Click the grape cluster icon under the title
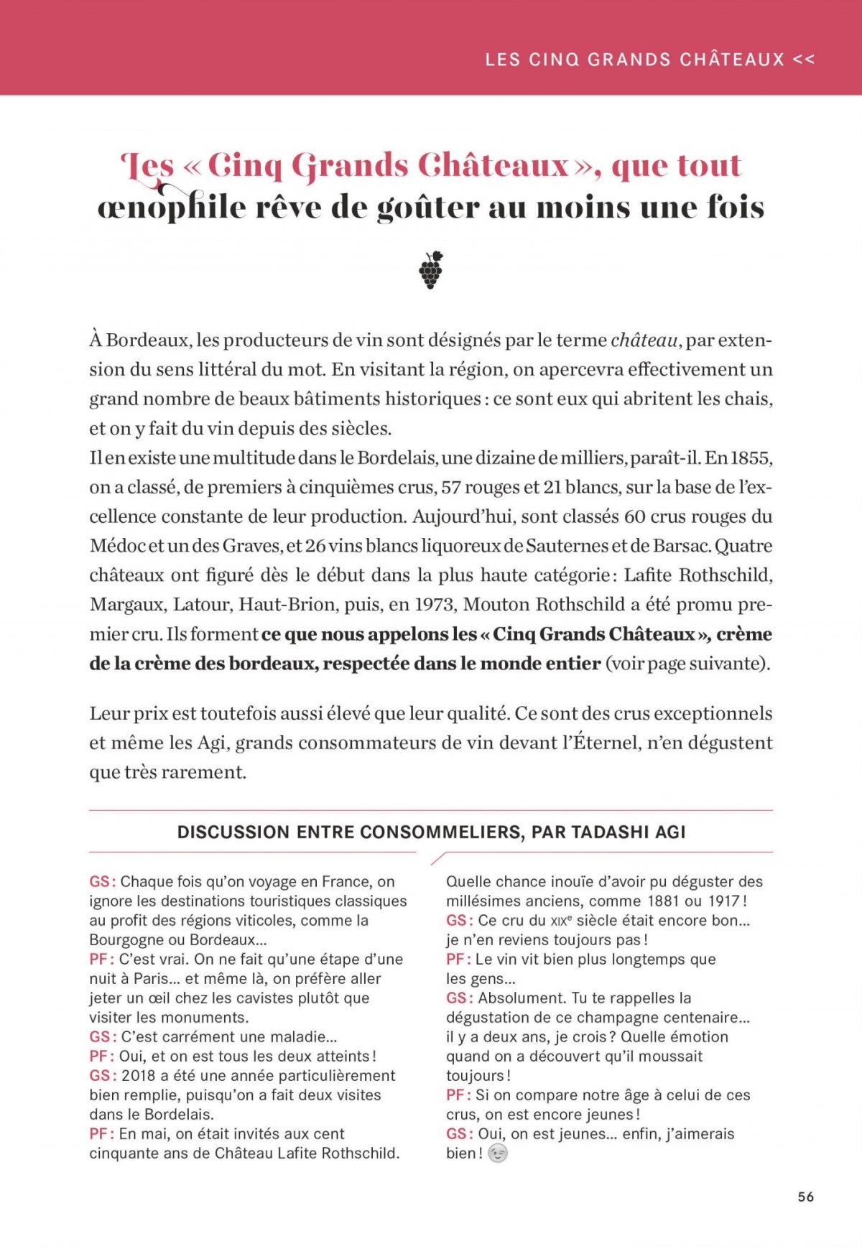pos(431,270)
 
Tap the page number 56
pos(805,1197)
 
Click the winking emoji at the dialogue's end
pos(497,1154)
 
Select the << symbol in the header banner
pos(804,60)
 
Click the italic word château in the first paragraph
pos(644,340)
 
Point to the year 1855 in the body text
pos(751,458)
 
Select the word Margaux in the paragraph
pos(126,605)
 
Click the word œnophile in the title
pos(171,208)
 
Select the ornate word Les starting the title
pos(148,167)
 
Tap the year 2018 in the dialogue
pos(139,1076)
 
